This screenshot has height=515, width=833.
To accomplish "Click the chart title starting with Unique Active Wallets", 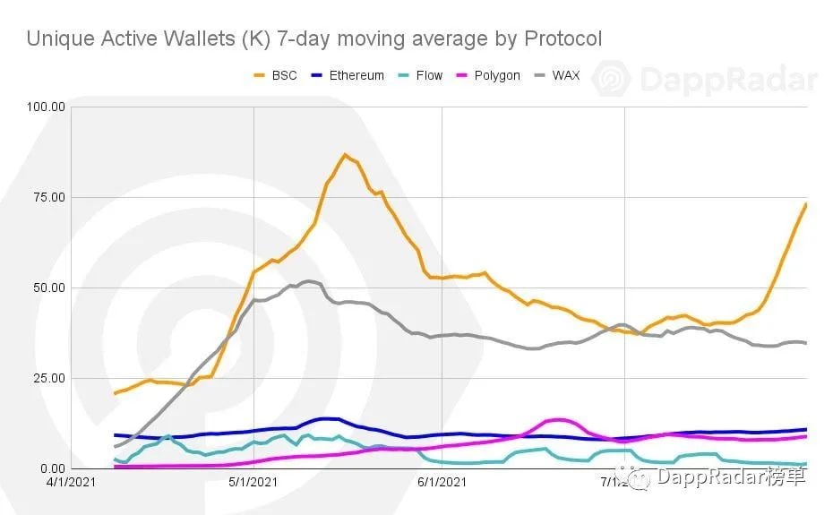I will (313, 39).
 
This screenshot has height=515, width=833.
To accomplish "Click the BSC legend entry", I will (276, 75).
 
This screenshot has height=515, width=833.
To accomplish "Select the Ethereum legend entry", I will (347, 75).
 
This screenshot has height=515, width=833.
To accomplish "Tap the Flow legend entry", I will (420, 75).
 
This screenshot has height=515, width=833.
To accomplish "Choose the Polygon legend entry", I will (487, 75).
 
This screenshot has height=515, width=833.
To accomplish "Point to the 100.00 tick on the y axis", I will (47, 107).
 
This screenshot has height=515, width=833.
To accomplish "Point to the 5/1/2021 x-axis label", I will (254, 483).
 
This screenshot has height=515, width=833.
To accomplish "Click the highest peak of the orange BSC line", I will (345, 155).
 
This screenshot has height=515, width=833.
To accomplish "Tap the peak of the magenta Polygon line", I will (560, 419).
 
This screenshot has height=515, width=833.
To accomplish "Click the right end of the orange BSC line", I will (806, 204).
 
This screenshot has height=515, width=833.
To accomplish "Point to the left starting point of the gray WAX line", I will (115, 446).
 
